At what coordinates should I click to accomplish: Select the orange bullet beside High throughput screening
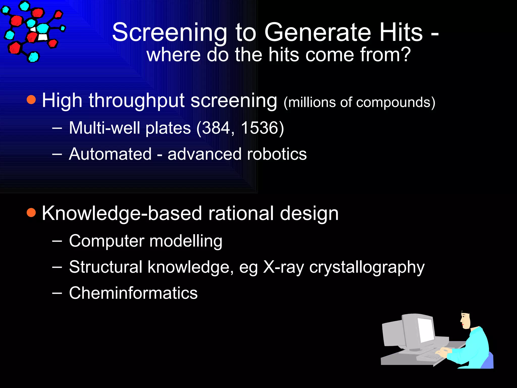coord(31,100)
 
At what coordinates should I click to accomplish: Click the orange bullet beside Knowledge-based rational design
coord(31,213)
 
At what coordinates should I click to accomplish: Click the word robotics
coord(277,154)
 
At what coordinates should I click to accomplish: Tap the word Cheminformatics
coord(133,293)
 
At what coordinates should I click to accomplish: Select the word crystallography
coord(367,267)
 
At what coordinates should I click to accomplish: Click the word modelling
coord(186,241)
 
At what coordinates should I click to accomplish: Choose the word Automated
coord(110,154)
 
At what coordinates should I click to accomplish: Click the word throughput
coord(136,101)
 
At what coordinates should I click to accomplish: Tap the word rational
coord(241,213)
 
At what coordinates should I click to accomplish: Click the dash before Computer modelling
coord(57,241)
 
